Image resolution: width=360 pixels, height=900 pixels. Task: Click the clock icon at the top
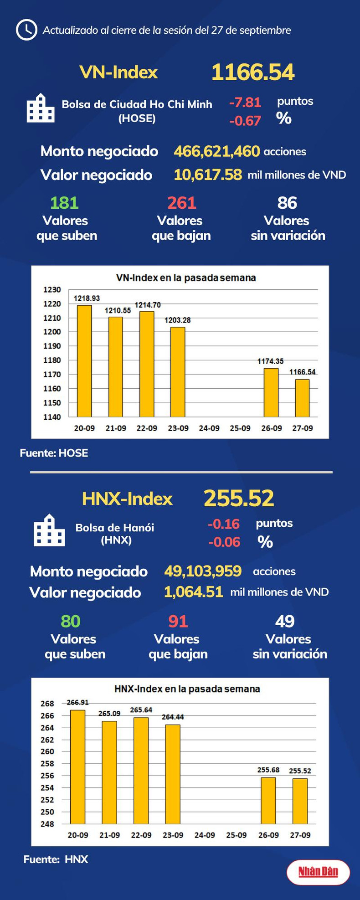pos(26,30)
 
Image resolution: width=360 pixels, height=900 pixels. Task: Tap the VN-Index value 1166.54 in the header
pos(253,72)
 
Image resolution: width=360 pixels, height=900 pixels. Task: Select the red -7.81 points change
pos(245,102)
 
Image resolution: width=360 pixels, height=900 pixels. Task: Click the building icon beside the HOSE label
pos(41,108)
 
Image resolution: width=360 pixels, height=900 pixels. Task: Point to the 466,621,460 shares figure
pos(217,151)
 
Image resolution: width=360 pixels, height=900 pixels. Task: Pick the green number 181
pos(64,203)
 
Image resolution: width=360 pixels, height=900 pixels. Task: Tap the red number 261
pos(181,203)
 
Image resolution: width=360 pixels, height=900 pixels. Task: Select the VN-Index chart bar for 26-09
pos(271,392)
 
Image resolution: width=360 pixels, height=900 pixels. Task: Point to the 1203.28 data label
pos(178,320)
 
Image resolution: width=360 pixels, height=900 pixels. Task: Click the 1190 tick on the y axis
pos(52,346)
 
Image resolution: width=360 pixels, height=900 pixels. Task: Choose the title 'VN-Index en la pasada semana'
pos(186,278)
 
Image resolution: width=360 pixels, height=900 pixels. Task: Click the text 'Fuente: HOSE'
pos(54,453)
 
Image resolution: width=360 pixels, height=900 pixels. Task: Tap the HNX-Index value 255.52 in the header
pos(239,498)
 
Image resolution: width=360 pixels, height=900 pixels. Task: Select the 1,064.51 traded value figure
pos(194,592)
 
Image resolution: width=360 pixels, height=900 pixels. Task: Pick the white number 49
pos(285,621)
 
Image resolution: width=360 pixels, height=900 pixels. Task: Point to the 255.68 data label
pos(268,770)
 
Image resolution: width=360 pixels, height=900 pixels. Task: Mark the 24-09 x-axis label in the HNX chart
pos(205,835)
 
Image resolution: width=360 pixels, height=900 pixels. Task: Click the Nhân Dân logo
pos(318,872)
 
